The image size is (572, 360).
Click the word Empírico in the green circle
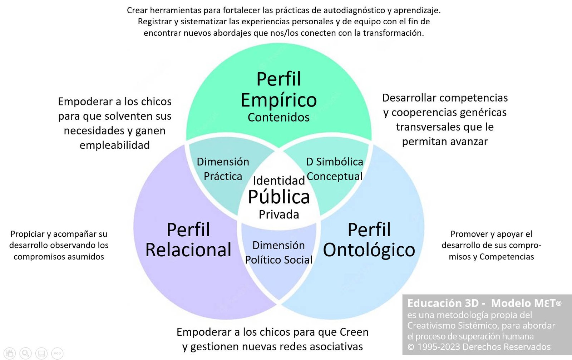[278, 100]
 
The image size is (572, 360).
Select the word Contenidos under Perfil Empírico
[278, 117]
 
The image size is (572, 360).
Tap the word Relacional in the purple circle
[188, 250]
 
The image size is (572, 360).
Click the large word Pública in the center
[279, 197]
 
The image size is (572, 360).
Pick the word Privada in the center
[279, 214]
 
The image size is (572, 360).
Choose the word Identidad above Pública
[279, 181]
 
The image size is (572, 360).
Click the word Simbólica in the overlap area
[340, 162]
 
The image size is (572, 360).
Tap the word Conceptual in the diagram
[335, 177]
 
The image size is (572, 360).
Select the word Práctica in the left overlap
[223, 176]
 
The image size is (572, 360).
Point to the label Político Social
[278, 260]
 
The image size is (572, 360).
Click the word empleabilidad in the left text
[115, 145]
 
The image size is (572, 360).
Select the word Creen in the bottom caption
[354, 332]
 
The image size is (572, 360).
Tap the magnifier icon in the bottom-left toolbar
[25, 353]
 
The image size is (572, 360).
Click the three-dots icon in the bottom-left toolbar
[57, 353]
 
